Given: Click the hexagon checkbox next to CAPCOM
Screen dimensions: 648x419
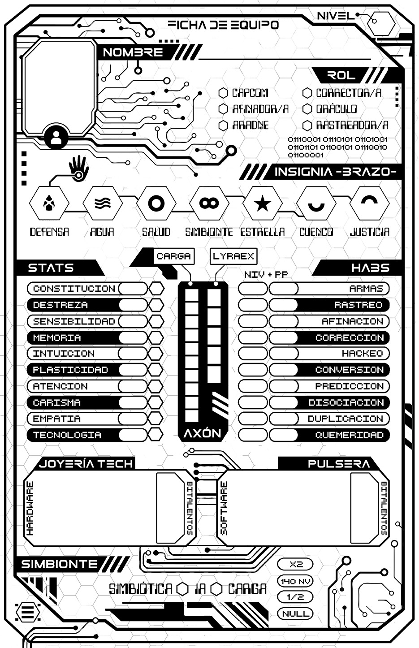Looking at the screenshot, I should pyautogui.click(x=223, y=93).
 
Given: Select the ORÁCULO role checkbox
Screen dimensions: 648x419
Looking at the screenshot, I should pyautogui.click(x=307, y=109).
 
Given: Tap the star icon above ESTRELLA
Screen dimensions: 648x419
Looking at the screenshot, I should pyautogui.click(x=262, y=204).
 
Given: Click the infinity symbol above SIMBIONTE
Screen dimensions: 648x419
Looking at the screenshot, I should pyautogui.click(x=209, y=203).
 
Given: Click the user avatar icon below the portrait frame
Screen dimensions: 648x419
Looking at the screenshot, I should pyautogui.click(x=56, y=137).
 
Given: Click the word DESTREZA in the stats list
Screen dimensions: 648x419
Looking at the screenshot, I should pyautogui.click(x=60, y=305).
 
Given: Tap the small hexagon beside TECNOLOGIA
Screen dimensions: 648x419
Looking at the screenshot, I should pyautogui.click(x=156, y=435).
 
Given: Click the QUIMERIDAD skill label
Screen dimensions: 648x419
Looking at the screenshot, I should pyautogui.click(x=349, y=435).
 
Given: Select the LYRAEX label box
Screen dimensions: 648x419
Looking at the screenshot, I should pyautogui.click(x=233, y=257).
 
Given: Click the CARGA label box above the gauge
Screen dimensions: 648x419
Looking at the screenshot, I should pyautogui.click(x=174, y=257).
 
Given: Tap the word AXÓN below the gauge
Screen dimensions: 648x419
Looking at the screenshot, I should pyautogui.click(x=203, y=433).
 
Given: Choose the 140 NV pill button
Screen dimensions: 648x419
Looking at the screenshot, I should pyautogui.click(x=296, y=581).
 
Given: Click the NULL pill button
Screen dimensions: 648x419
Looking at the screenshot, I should pyautogui.click(x=296, y=613).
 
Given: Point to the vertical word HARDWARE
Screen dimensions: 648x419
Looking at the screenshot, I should pyautogui.click(x=30, y=509).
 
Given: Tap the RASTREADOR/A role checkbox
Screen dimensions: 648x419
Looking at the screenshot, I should pyautogui.click(x=307, y=125).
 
